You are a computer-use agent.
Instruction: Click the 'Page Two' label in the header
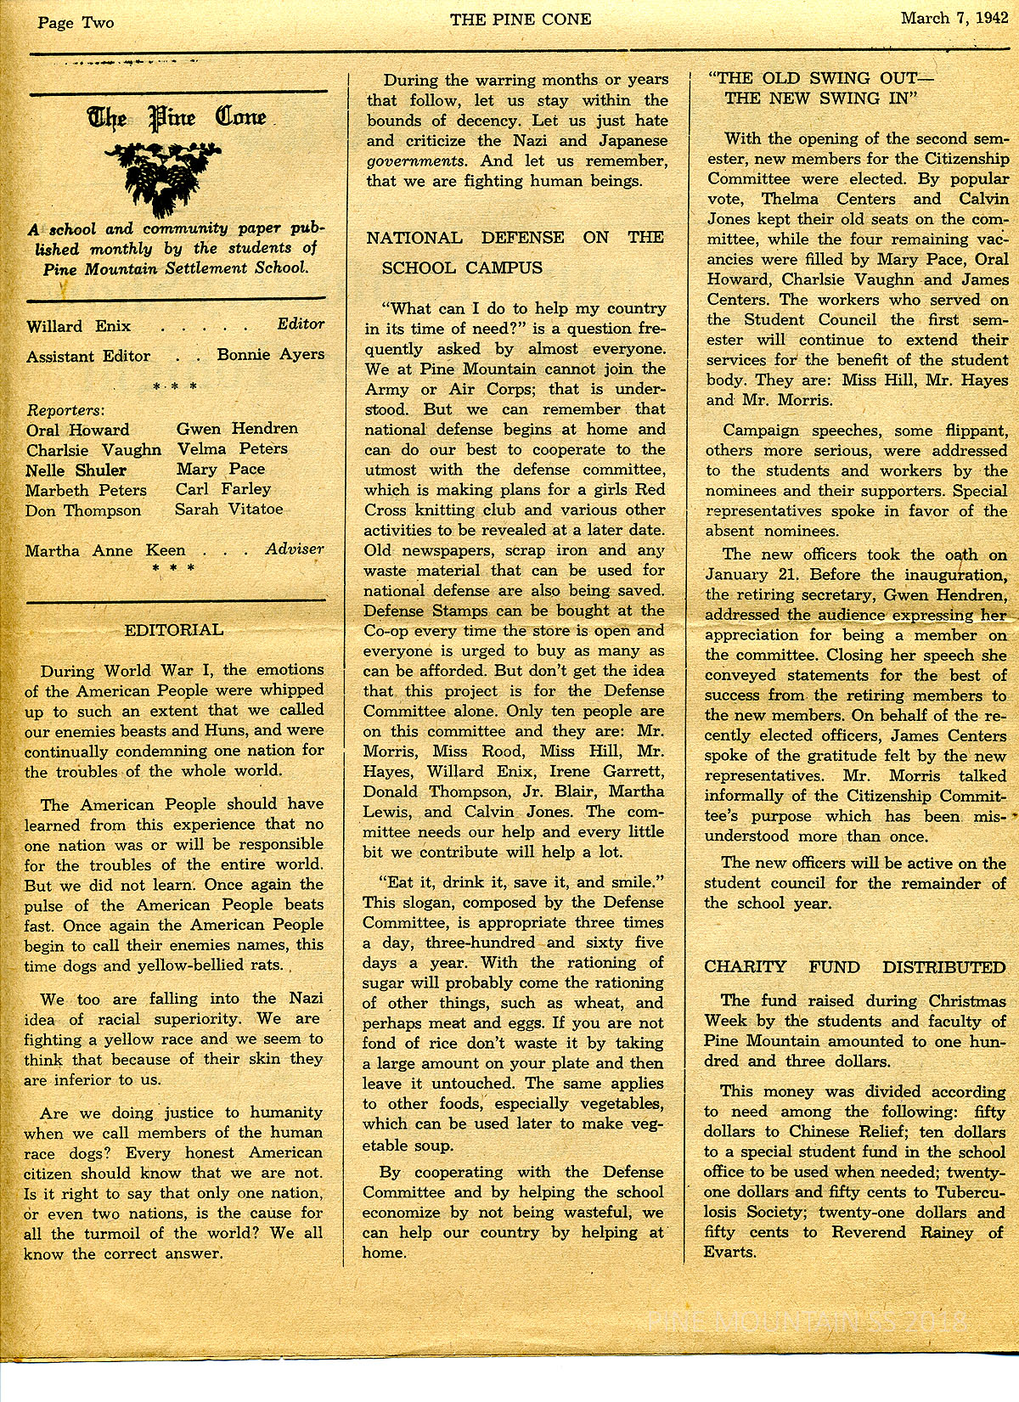[76, 23]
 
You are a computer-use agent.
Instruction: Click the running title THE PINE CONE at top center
[520, 20]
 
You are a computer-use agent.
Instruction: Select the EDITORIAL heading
[174, 629]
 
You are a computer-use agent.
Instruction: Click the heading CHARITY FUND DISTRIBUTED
[854, 967]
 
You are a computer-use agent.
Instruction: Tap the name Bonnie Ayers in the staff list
[271, 354]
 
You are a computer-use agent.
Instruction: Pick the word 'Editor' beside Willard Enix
[301, 324]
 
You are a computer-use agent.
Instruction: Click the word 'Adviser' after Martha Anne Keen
[295, 549]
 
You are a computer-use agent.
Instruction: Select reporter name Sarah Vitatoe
[229, 510]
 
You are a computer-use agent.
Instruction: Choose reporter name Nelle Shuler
[76, 470]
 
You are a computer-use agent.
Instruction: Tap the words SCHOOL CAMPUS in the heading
[462, 267]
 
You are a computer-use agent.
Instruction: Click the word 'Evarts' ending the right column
[730, 1252]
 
